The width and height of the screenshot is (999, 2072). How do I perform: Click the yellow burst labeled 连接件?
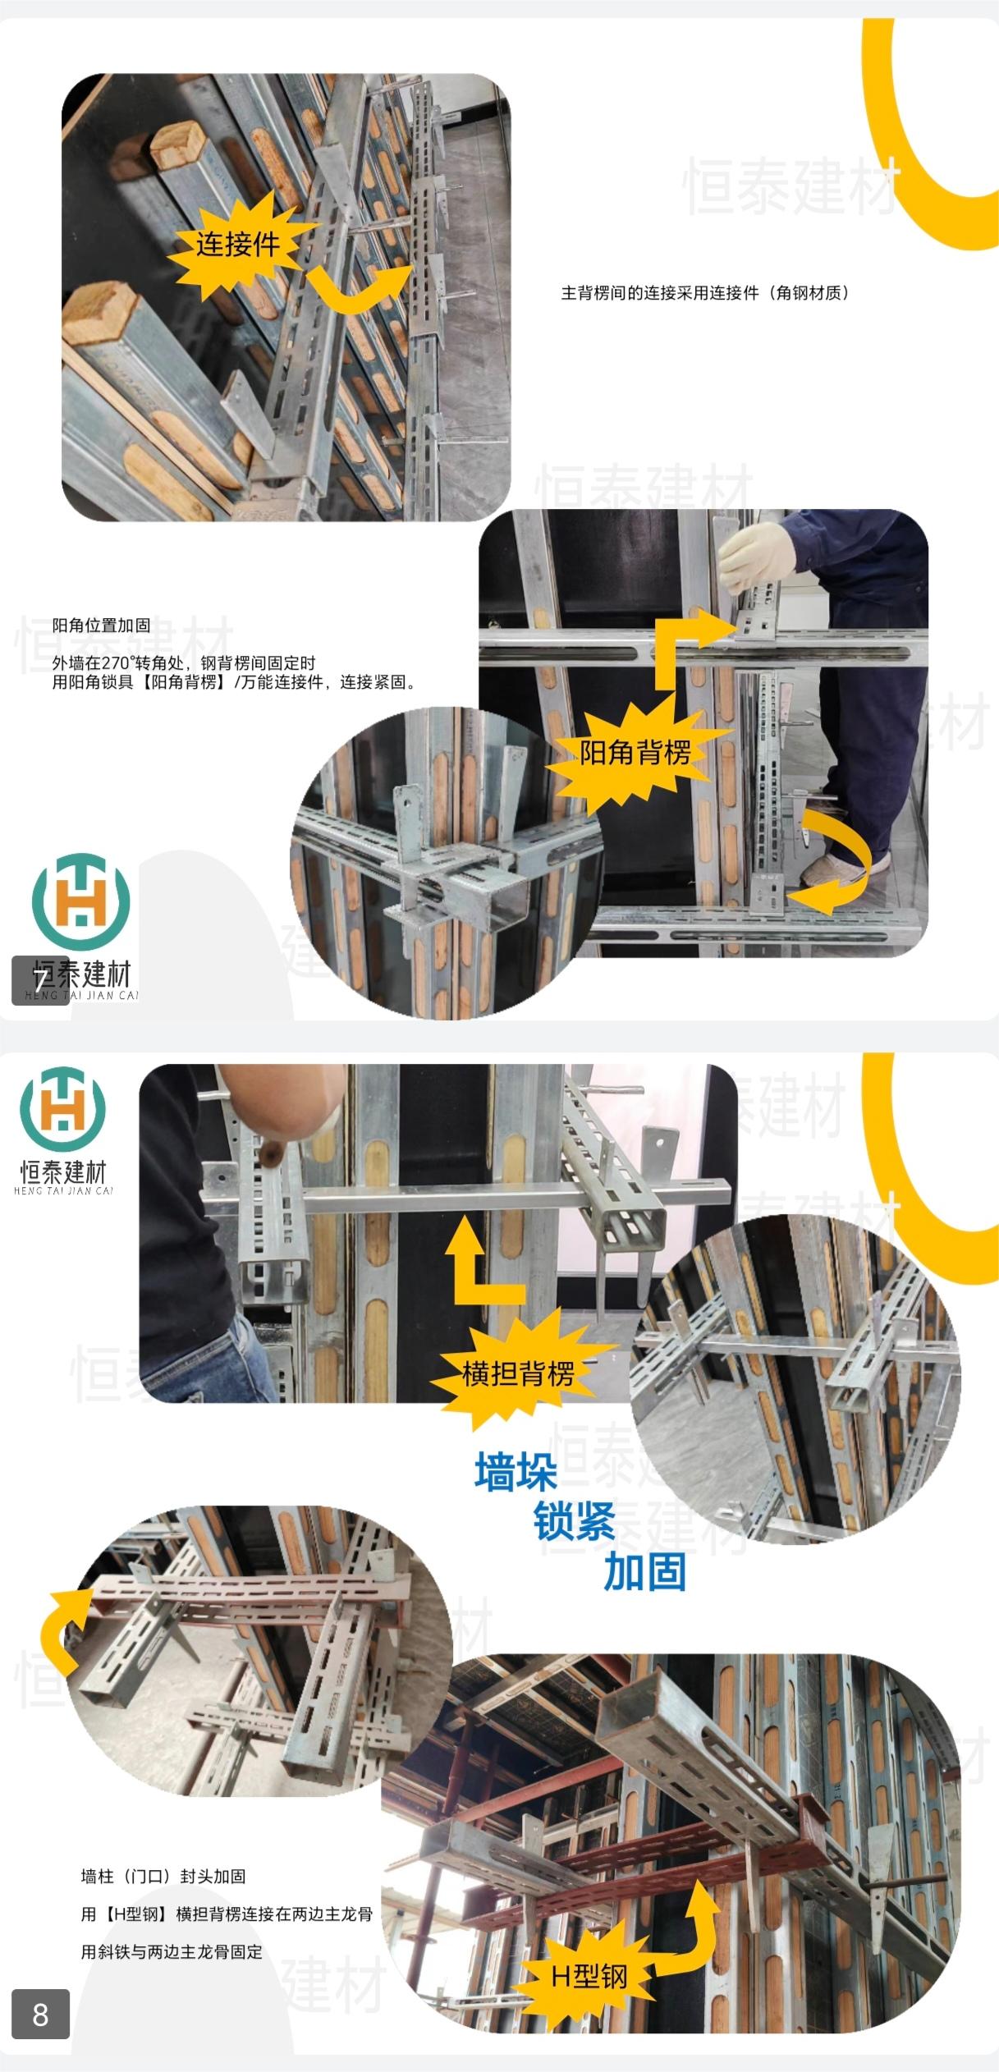238,244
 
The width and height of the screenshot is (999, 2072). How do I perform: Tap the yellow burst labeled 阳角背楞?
634,751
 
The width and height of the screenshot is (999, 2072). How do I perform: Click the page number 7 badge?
40,980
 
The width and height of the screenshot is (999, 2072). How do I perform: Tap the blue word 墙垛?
516,1472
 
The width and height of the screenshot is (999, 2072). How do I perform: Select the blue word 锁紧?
575,1521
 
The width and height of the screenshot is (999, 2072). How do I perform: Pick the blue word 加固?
644,1571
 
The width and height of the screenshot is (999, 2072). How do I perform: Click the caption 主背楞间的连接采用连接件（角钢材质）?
704,293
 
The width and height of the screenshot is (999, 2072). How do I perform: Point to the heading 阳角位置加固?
101,626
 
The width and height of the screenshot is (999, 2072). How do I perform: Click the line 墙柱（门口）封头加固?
163,1876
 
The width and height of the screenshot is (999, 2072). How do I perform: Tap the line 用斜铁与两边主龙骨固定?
172,1951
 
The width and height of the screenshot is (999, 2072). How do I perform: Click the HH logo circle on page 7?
80,901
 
